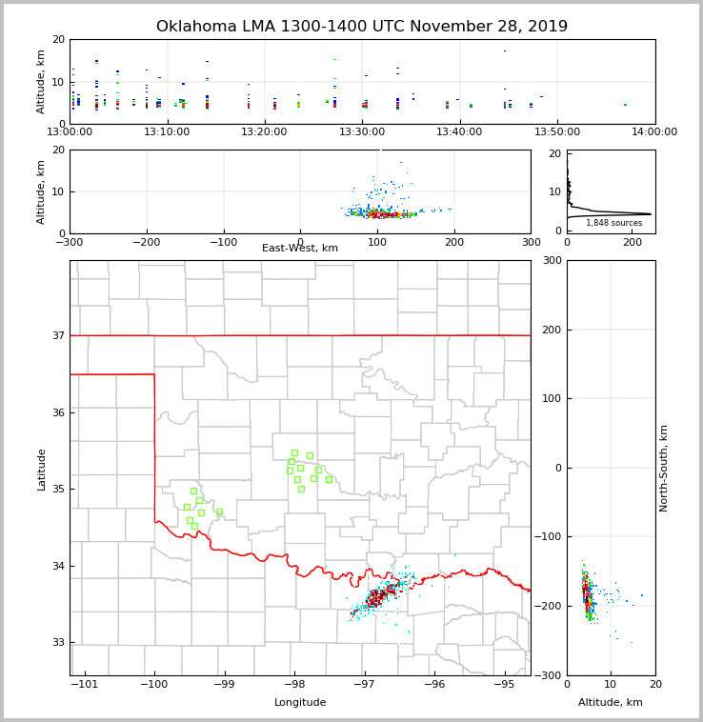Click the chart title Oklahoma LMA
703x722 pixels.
tap(362, 27)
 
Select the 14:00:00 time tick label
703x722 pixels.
tap(654, 131)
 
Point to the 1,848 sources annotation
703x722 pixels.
tap(613, 223)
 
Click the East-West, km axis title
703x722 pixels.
tap(300, 249)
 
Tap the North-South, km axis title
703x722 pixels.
tap(664, 468)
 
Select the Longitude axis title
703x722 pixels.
tap(300, 703)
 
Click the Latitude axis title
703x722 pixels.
tap(42, 469)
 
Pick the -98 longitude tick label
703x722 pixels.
tap(293, 685)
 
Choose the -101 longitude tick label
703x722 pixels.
tap(85, 685)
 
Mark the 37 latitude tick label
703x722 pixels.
tap(57, 335)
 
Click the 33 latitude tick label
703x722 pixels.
tap(57, 643)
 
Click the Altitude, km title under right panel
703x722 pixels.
tap(611, 703)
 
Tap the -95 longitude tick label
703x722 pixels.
tap(503, 685)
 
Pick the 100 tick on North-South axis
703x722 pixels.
tap(550, 398)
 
